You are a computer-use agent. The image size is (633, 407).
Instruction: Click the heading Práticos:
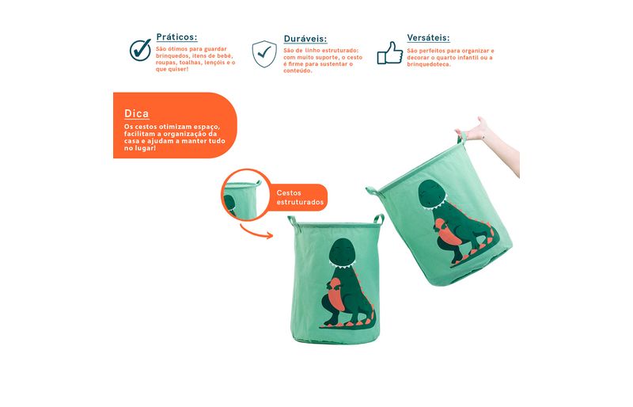point(176,37)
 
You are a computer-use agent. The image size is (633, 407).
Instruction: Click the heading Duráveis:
point(305,39)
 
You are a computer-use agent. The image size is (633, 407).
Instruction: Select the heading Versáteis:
point(428,37)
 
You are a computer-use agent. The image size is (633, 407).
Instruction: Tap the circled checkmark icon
point(140,50)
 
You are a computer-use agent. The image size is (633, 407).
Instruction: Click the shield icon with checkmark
point(264,54)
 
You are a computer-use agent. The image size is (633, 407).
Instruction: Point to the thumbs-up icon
point(390,53)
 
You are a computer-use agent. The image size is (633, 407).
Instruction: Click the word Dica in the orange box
point(136,113)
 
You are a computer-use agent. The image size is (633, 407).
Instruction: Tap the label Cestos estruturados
point(300,197)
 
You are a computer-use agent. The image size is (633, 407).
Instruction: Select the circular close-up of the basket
point(246,195)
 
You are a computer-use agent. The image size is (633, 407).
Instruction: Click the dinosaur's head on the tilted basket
point(432,196)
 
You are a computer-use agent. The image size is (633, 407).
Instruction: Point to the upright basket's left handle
point(293,224)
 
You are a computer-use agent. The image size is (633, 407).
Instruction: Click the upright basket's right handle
point(379,220)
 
